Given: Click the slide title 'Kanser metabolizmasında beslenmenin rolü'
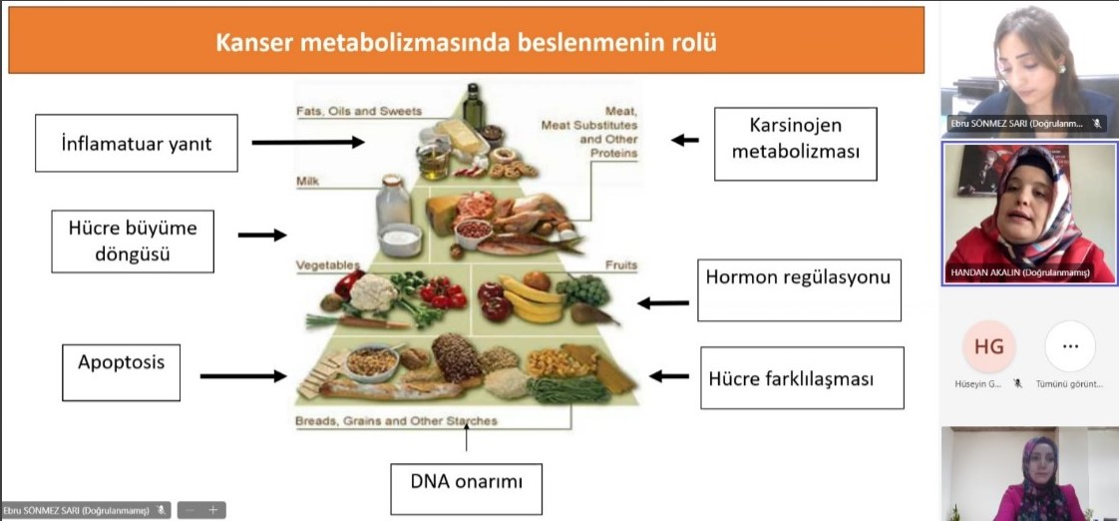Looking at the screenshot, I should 466,42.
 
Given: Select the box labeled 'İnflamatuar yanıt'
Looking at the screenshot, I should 138,143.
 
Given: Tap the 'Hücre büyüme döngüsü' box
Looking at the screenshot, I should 133,241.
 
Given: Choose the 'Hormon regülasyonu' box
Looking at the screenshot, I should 797,289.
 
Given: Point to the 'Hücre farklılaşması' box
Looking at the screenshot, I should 801,378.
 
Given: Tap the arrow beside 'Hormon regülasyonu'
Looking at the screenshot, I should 663,301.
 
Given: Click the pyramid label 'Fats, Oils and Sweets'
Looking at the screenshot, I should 359,111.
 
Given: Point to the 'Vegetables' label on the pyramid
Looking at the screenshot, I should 327,264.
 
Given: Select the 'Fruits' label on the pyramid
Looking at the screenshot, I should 620,265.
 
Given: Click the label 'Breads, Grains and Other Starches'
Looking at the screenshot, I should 396,421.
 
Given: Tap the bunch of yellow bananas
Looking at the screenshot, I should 532,299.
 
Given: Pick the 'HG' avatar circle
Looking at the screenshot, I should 988,346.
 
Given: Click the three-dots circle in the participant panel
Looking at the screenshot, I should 1070,346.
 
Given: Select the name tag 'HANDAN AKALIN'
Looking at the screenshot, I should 1017,272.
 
